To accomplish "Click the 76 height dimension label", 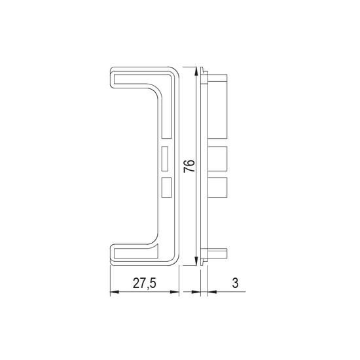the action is click(x=189, y=166).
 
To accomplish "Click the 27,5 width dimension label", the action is click(x=145, y=283).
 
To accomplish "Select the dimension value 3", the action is click(x=235, y=283).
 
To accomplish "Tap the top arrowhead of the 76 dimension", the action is click(x=196, y=71).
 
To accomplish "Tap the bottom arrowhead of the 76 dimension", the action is click(x=196, y=261).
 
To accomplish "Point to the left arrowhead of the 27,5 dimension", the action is click(x=115, y=292).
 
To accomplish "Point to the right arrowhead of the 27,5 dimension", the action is click(x=174, y=292).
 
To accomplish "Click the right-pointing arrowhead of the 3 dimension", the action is click(x=196, y=292).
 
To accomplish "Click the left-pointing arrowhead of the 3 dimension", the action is click(x=212, y=292).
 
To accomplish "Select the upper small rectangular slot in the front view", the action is click(x=164, y=158).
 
